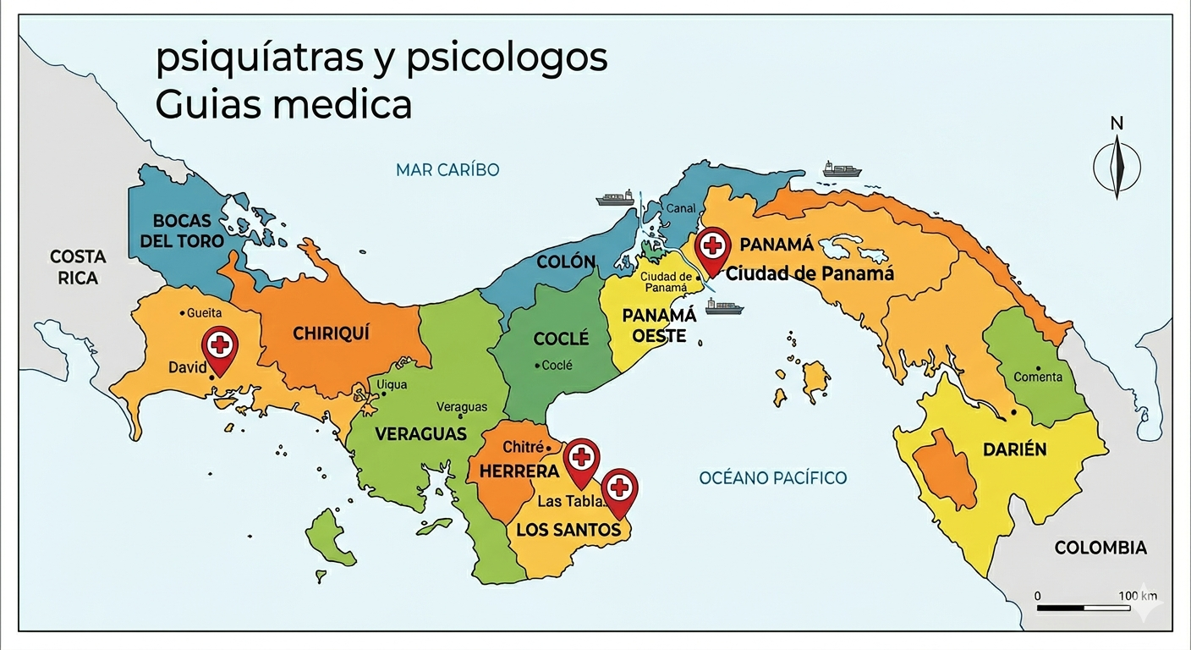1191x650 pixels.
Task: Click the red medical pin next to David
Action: click(x=220, y=347)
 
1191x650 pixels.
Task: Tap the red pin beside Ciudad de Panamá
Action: click(x=713, y=248)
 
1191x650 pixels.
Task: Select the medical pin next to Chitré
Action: click(x=581, y=459)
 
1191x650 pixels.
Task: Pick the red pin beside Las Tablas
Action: click(x=620, y=489)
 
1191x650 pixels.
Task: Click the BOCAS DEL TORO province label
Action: click(x=182, y=230)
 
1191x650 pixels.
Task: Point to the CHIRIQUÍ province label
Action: click(x=332, y=333)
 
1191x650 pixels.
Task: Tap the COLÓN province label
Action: click(x=566, y=262)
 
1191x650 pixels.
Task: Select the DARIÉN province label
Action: click(x=1014, y=449)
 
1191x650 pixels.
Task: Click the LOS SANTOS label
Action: click(x=568, y=531)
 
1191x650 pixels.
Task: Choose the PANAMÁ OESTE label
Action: click(x=660, y=325)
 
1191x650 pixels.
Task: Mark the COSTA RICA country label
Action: click(x=78, y=267)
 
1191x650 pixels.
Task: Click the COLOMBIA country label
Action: click(x=1100, y=548)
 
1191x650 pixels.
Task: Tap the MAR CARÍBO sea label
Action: click(x=447, y=170)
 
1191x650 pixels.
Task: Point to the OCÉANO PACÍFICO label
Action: click(x=772, y=478)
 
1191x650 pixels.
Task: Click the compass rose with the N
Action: click(x=1117, y=165)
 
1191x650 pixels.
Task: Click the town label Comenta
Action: click(x=1037, y=377)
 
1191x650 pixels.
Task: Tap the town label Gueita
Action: click(x=204, y=313)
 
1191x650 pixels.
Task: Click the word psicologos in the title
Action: click(x=507, y=59)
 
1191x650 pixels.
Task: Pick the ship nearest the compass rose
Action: click(x=842, y=169)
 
